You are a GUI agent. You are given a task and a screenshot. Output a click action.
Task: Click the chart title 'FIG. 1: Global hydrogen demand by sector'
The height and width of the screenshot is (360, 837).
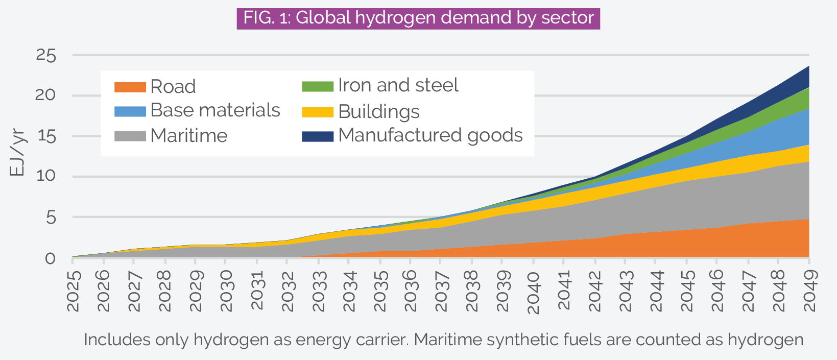(x=418, y=18)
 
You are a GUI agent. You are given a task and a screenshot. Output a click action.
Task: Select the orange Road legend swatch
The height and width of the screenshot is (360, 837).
(x=130, y=87)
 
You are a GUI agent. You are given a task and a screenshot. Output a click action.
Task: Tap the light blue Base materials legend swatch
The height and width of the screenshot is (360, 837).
(x=130, y=111)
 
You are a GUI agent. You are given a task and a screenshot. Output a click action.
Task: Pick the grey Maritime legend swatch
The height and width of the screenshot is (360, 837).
(x=130, y=136)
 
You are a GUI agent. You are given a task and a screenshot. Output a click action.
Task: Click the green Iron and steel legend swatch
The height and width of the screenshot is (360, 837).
(x=318, y=86)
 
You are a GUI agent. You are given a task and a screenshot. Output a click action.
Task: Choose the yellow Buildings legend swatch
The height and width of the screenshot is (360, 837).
(x=318, y=112)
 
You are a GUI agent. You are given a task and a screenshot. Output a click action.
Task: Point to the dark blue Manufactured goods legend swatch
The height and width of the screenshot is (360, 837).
(x=318, y=136)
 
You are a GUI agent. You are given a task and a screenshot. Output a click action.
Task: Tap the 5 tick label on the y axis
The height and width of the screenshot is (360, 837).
(x=50, y=218)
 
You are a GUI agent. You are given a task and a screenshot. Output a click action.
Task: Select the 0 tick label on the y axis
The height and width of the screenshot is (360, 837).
(x=50, y=258)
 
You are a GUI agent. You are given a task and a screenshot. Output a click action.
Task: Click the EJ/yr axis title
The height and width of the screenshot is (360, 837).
(x=17, y=153)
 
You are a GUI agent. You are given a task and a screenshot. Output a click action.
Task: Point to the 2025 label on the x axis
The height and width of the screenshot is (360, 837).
(x=73, y=291)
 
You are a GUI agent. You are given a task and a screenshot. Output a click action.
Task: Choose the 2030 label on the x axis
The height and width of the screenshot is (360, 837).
(x=226, y=291)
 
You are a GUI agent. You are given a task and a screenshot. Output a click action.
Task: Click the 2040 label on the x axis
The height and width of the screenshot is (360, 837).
(x=533, y=292)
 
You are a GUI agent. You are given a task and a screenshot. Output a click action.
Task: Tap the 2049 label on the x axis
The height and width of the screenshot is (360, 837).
(x=809, y=291)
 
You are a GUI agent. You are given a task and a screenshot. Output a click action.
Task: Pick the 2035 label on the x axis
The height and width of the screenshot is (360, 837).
(x=380, y=291)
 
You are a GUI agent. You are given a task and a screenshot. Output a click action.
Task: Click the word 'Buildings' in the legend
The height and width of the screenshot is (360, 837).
(x=378, y=112)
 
